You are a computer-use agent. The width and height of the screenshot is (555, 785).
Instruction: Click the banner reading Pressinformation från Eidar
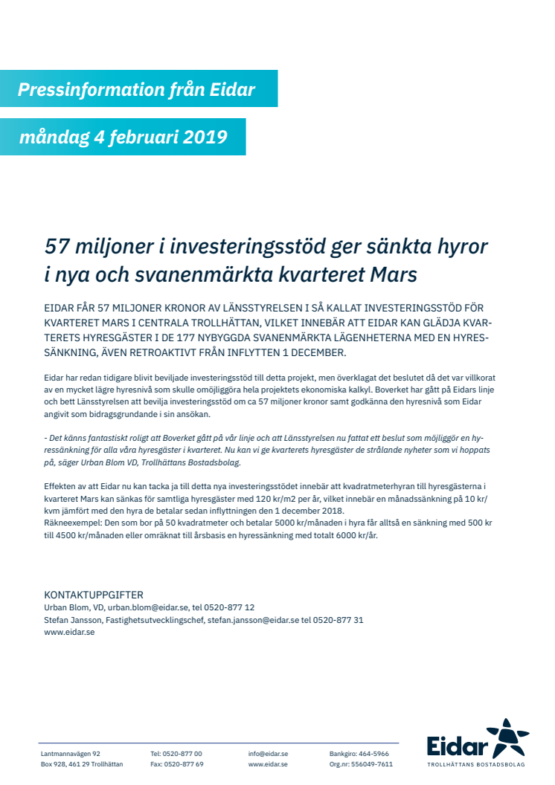[x=137, y=90]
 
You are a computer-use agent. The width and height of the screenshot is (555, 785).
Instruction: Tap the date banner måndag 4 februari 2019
[x=123, y=138]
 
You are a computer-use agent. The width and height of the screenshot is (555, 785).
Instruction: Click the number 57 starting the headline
[x=57, y=245]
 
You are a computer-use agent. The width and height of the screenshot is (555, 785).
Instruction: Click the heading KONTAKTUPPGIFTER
[x=94, y=595]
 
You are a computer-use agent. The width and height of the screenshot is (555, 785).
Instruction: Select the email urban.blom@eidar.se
[x=150, y=607]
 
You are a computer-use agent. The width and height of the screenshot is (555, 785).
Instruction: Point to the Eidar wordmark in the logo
[x=458, y=746]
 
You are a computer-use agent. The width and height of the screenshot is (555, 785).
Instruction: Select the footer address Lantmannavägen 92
[x=71, y=754]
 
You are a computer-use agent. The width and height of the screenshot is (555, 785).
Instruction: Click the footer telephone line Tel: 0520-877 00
[x=176, y=754]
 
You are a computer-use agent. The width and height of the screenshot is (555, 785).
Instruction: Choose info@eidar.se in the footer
[x=268, y=754]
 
